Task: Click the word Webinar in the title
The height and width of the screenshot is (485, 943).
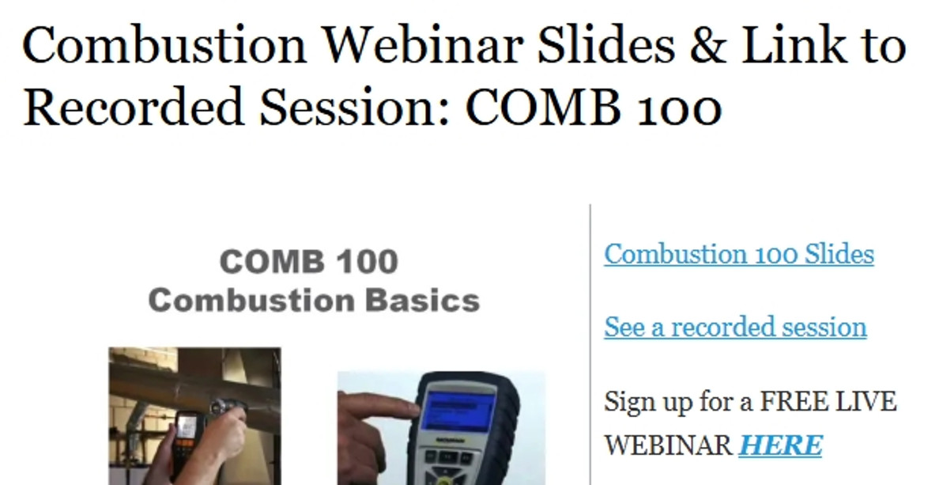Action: [x=415, y=45]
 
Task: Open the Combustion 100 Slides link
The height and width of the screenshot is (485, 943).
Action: [x=739, y=255]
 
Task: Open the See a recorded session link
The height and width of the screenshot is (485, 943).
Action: [x=735, y=327]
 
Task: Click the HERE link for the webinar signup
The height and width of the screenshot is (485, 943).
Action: [x=780, y=445]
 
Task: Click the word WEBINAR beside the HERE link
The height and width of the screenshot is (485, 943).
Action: [x=668, y=445]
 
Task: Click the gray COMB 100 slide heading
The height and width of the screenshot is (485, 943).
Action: [x=309, y=262]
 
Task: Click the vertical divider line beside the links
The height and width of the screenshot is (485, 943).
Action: [x=590, y=340]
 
